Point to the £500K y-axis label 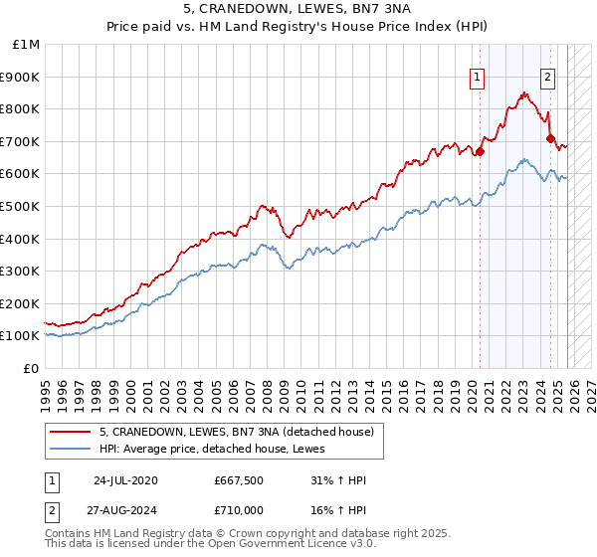21,206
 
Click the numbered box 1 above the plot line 478,77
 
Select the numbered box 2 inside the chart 548,77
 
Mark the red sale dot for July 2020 480,152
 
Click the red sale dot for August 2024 550,138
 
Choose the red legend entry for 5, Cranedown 236,432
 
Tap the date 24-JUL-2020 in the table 124,480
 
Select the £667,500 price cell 238,480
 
